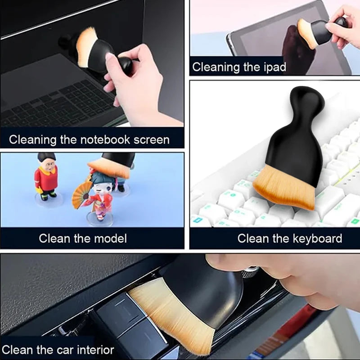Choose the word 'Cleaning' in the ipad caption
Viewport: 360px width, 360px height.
click(216, 67)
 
